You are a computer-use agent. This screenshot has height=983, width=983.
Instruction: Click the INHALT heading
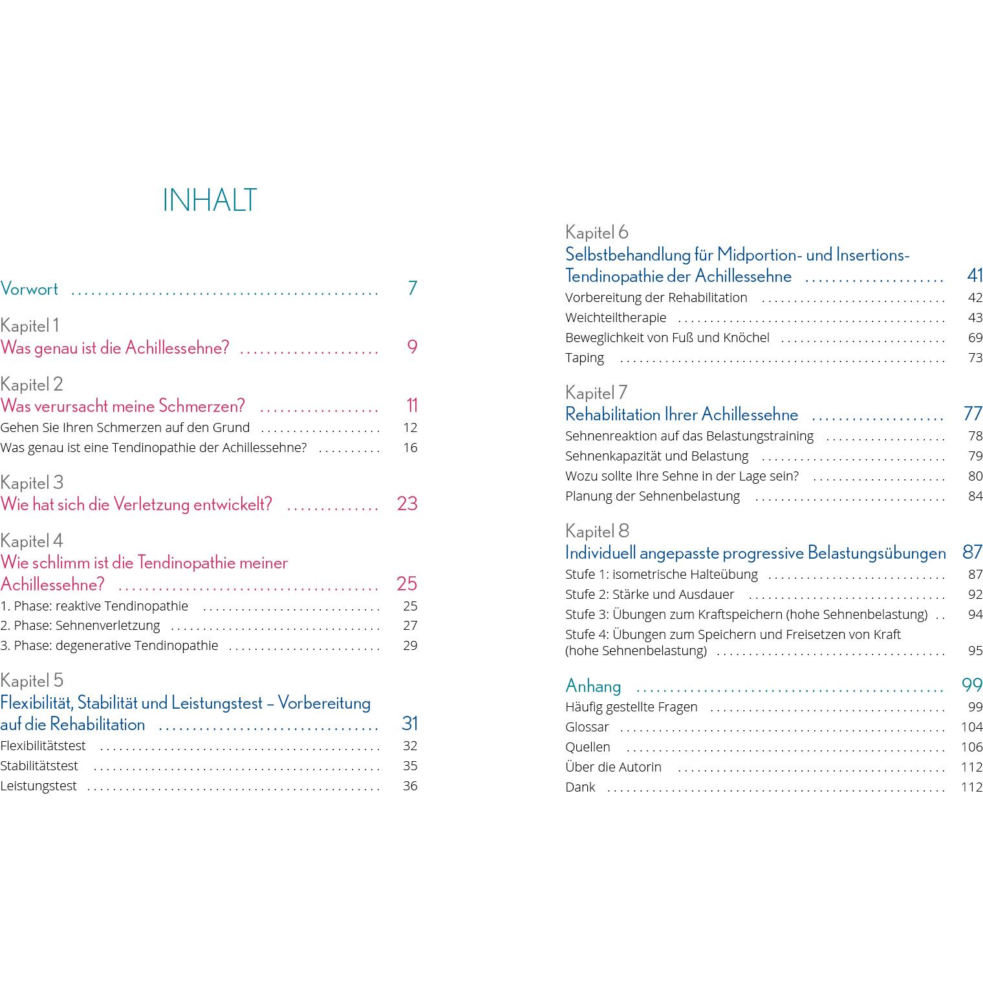(x=210, y=200)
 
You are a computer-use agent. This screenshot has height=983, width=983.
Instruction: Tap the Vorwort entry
(x=29, y=288)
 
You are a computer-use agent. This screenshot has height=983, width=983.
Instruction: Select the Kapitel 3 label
(x=32, y=482)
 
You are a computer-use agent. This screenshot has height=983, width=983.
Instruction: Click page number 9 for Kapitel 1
(x=412, y=347)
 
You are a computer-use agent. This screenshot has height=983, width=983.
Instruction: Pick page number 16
(x=410, y=448)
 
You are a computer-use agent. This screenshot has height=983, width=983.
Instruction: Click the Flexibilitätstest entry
(x=43, y=746)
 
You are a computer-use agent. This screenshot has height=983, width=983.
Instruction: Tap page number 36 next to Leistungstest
(x=410, y=786)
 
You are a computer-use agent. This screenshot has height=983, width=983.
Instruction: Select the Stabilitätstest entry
(x=39, y=766)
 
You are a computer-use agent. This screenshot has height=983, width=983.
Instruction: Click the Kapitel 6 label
(x=596, y=232)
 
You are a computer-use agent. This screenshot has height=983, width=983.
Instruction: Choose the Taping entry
(x=585, y=358)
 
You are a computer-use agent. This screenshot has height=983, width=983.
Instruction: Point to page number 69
(x=975, y=338)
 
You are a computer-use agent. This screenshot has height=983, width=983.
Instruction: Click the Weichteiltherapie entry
(x=616, y=318)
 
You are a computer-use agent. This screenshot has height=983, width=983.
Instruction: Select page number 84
(x=975, y=496)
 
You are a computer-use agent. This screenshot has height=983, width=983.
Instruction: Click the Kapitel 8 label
(x=597, y=531)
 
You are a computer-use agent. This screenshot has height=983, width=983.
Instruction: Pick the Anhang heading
(x=593, y=686)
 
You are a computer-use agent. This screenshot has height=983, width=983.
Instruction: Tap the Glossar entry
(x=587, y=727)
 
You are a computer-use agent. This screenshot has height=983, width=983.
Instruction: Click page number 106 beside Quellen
(x=971, y=747)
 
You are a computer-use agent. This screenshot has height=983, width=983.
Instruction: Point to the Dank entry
(x=580, y=787)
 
